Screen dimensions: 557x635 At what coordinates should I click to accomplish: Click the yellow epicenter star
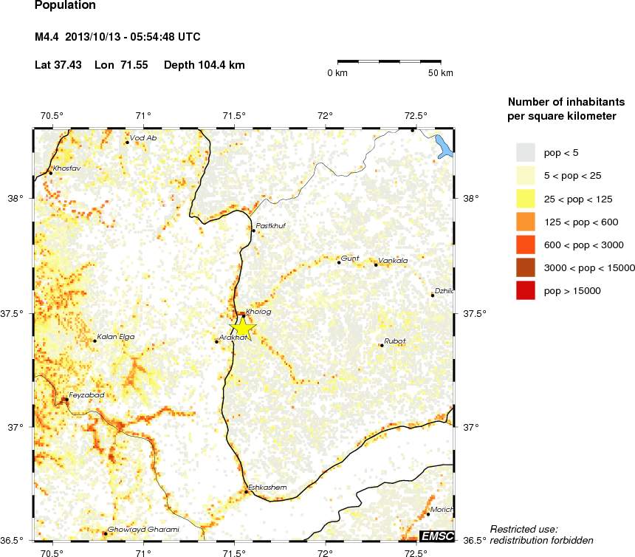[x=243, y=327]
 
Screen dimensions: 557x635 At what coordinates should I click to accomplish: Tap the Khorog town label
[x=258, y=312]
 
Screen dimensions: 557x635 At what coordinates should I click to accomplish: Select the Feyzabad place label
[x=86, y=395]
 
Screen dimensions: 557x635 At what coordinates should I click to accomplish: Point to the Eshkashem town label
[x=267, y=487]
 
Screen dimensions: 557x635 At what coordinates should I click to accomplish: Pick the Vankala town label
[x=392, y=261]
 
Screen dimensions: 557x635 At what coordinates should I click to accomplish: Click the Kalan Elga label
[x=116, y=337]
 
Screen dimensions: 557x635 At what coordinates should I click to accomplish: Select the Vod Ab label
[x=143, y=138]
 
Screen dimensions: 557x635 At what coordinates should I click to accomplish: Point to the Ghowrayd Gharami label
[x=143, y=530]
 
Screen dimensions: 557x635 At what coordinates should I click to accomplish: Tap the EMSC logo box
[x=436, y=536]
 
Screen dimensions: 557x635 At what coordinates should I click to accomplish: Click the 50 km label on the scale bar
[x=441, y=73]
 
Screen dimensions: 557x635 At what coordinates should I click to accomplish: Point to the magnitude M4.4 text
[x=50, y=37]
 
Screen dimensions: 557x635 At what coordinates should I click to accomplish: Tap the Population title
[x=65, y=6]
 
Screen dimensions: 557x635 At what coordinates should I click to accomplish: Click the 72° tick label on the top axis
[x=325, y=115]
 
